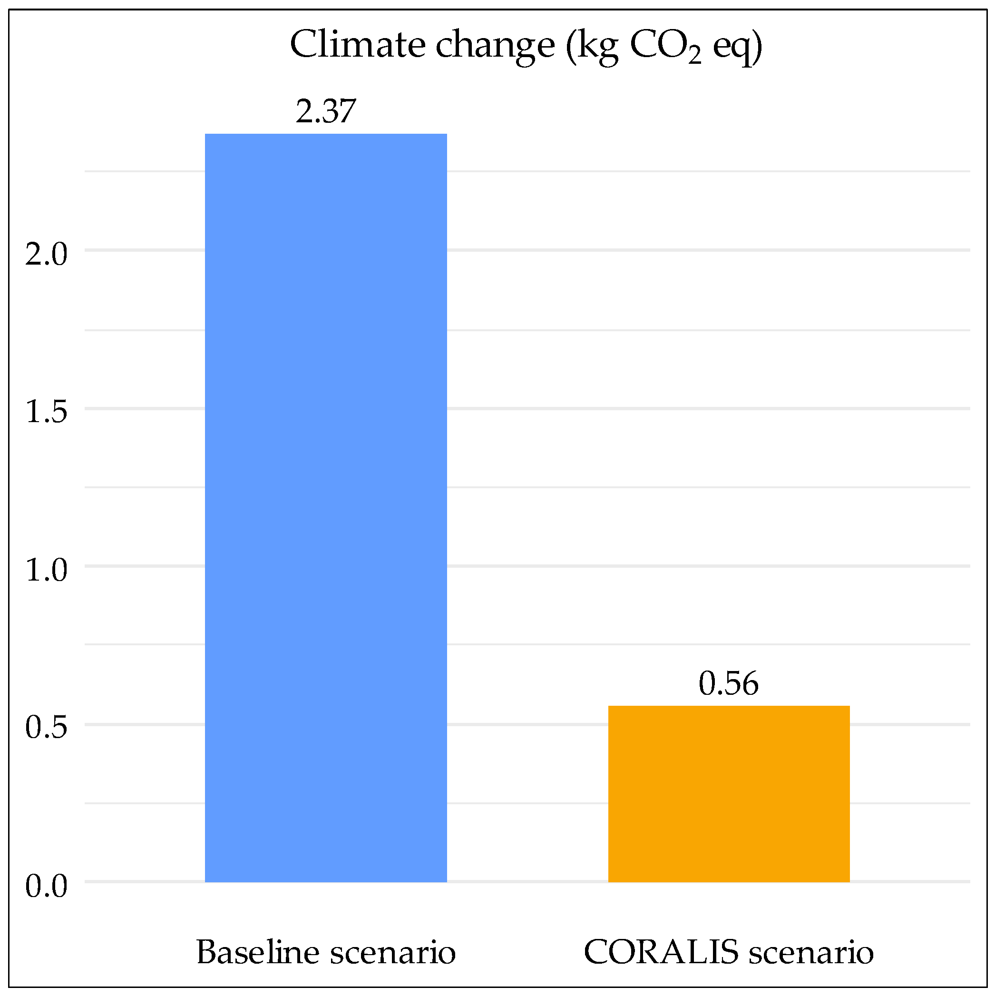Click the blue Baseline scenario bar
pos(325,508)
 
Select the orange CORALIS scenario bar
pos(728,795)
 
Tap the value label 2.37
pos(325,111)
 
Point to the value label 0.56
pos(728,684)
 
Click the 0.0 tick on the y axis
pos(47,887)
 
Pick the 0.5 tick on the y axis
pos(47,728)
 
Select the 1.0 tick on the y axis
pos(47,570)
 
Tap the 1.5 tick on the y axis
pos(47,412)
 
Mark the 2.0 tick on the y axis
pos(47,255)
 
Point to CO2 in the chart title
pos(665,47)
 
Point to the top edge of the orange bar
pos(728,707)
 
